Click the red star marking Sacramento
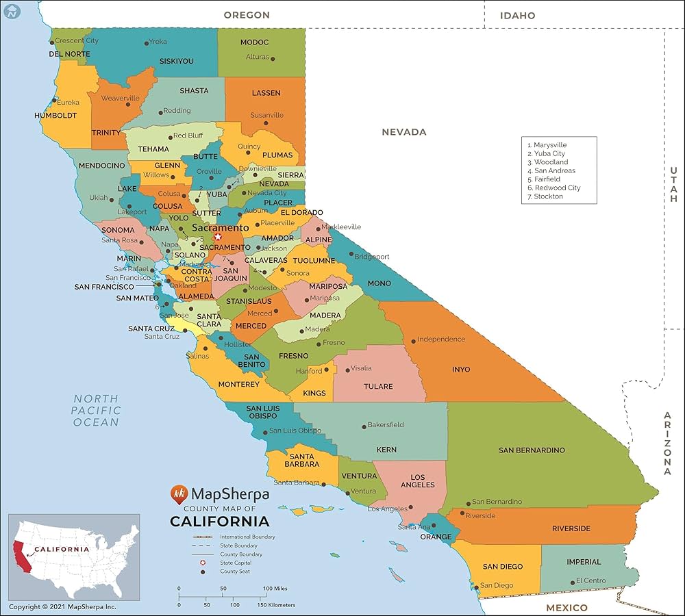218,237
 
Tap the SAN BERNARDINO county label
532,450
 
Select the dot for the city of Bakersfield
364,425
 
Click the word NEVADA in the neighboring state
403,132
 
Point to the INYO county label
461,370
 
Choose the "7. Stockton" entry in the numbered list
545,196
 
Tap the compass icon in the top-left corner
10,10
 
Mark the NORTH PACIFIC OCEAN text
96,410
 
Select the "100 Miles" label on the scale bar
275,589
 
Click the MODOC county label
254,42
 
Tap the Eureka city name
68,103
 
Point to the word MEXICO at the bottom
566,608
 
